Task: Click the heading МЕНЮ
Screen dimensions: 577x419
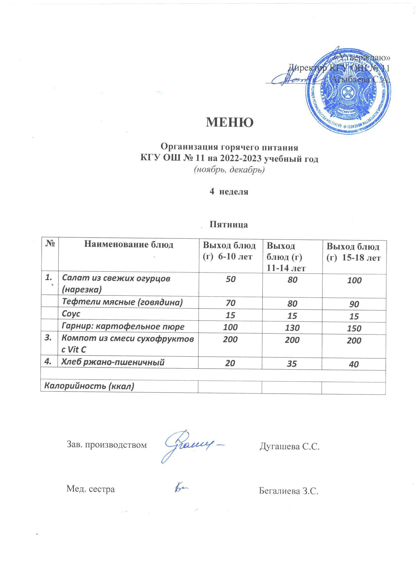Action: point(229,123)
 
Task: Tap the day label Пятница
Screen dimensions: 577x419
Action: point(229,225)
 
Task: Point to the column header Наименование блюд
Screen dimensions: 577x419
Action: point(129,245)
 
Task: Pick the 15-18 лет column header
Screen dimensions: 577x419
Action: point(353,253)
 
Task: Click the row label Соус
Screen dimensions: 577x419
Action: point(71,314)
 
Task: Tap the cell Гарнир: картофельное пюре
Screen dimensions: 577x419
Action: point(123,327)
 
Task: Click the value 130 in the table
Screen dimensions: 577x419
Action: point(292,328)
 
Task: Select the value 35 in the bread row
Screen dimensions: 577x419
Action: point(292,364)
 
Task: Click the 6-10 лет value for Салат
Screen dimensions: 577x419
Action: point(230,279)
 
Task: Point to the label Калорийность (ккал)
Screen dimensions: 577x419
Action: point(89,386)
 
